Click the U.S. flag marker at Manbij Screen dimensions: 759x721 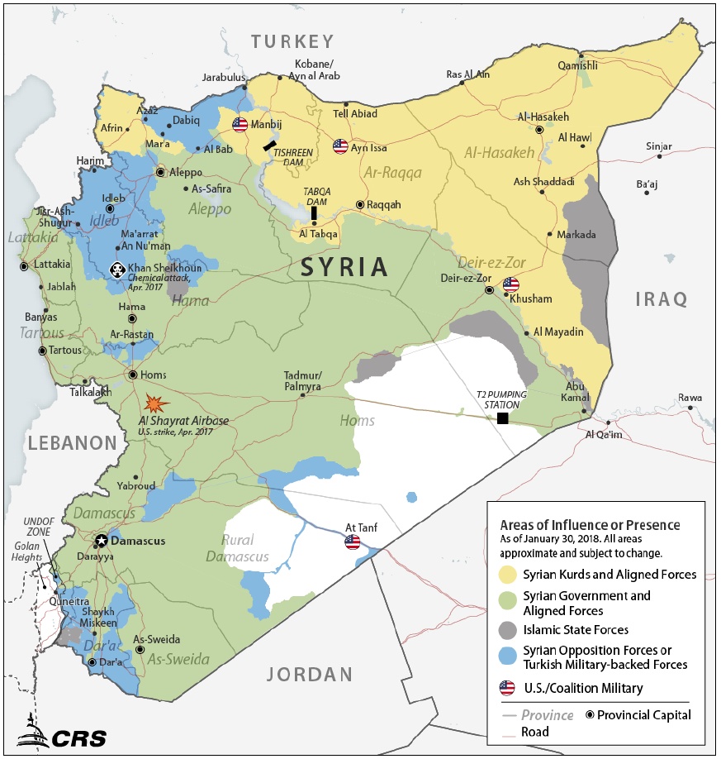click(x=240, y=125)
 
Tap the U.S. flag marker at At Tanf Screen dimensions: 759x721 click(x=353, y=542)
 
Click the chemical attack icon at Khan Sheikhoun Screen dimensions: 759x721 click(x=117, y=270)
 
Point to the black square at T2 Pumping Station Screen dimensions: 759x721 click(x=502, y=418)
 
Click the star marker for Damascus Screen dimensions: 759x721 click(x=102, y=541)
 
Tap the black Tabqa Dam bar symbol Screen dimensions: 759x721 click(x=314, y=213)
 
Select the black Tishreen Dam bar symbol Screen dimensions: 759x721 click(x=270, y=145)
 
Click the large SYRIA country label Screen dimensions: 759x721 click(x=344, y=267)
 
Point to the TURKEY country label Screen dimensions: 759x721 click(x=292, y=41)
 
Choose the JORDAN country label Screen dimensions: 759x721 click(x=309, y=674)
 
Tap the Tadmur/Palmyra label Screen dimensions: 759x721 click(x=302, y=380)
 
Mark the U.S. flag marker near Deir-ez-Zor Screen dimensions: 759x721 click(x=511, y=285)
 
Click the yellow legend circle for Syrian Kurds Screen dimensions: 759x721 click(x=507, y=575)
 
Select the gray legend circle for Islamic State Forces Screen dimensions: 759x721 click(x=507, y=630)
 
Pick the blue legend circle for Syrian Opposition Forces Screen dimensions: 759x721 click(x=507, y=657)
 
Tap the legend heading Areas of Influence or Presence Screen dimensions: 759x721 click(x=590, y=525)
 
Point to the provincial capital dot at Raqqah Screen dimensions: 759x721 click(x=360, y=204)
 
